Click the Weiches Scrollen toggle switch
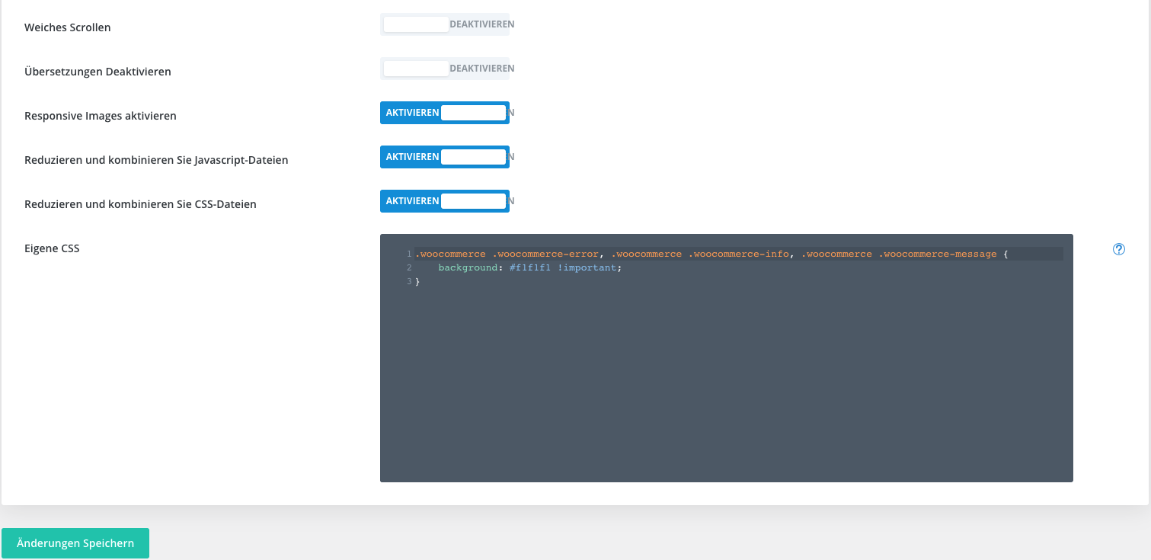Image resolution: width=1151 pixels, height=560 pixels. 444,24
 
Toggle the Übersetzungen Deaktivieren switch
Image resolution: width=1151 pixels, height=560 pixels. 444,69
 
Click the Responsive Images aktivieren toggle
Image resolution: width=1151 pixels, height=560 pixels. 444,113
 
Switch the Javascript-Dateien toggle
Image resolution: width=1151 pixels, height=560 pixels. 444,157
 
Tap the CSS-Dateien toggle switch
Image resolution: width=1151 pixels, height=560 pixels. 444,201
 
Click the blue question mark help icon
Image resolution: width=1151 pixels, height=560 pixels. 1119,249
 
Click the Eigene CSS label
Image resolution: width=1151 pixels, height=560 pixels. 52,248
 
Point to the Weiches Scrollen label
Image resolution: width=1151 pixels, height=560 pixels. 67,27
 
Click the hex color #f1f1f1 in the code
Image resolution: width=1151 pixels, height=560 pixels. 529,267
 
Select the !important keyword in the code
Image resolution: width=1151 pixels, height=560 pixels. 587,267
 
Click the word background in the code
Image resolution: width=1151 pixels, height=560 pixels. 468,267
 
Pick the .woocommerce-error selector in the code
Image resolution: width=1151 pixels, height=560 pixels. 545,254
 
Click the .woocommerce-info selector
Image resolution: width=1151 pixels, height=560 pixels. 739,254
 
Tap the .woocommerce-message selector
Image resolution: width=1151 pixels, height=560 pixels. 938,254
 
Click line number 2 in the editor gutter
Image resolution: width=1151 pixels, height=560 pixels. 409,267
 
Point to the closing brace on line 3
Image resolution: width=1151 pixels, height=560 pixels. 417,282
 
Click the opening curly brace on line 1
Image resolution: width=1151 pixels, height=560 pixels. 1006,254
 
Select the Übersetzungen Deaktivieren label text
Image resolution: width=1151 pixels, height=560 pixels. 98,72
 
